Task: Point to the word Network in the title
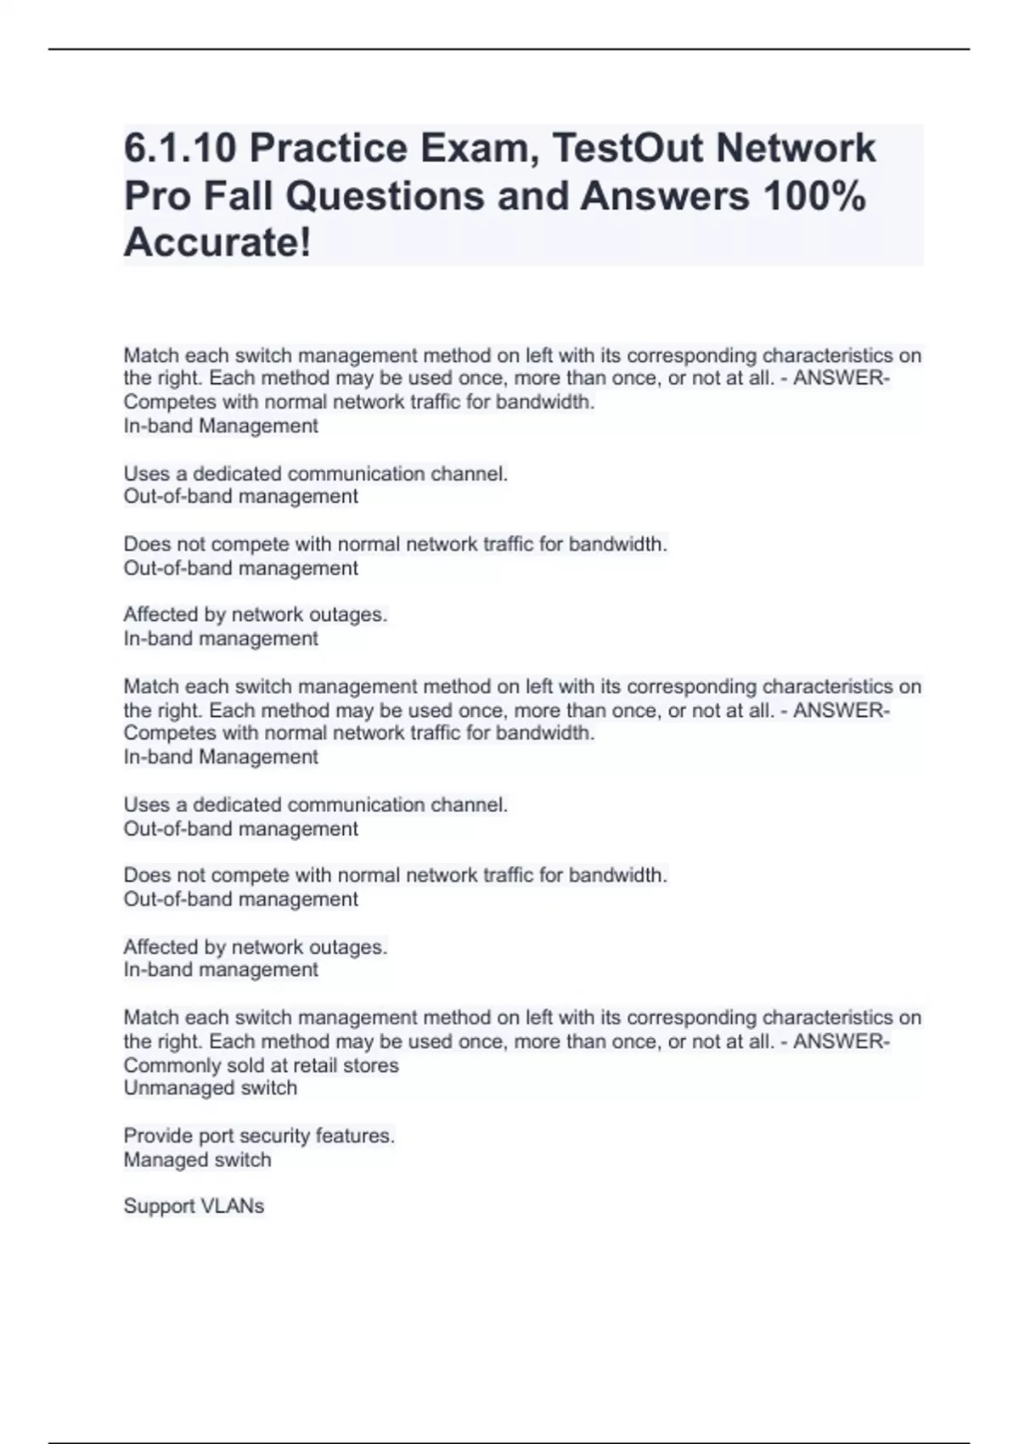pos(796,149)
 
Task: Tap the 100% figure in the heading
pos(814,196)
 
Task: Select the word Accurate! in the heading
pos(217,243)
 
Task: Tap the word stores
pos(375,1065)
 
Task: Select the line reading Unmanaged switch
pos(211,1088)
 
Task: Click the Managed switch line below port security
pos(198,1159)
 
